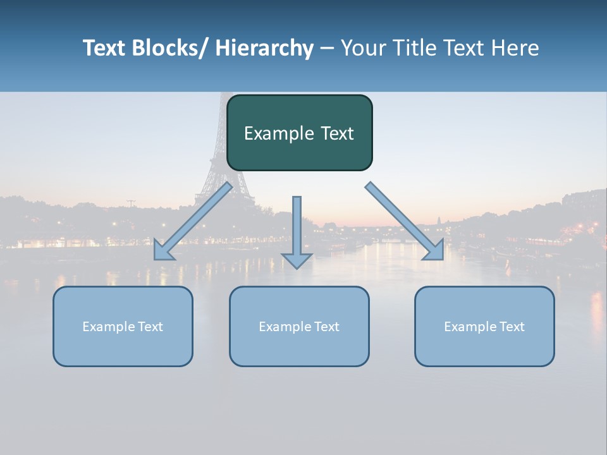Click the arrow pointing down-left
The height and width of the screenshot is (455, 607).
193,221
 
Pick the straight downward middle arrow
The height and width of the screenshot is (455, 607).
297,227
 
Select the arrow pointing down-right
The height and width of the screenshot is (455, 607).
405,221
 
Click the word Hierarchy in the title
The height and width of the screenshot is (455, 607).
264,49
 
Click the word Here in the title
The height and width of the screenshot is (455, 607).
515,49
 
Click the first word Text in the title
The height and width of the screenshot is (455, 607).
104,49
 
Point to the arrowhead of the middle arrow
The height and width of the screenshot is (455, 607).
297,260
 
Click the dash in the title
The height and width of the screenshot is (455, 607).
327,49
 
